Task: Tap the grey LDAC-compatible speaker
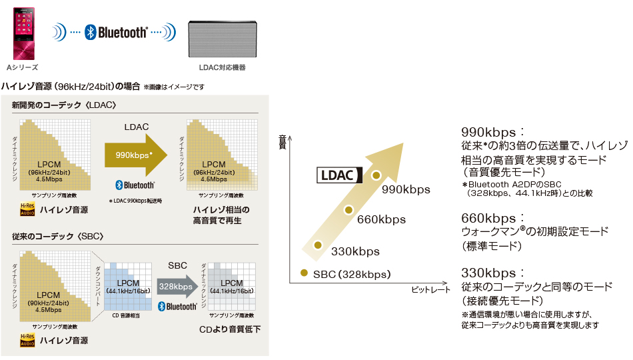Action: coord(222,39)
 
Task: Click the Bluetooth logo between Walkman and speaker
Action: coord(117,31)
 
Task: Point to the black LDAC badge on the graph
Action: coord(338,175)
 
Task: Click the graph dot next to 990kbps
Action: coord(376,175)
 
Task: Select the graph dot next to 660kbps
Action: coord(348,210)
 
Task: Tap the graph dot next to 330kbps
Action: coord(318,244)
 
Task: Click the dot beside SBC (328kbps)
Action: coord(304,273)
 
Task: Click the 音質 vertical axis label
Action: coord(282,141)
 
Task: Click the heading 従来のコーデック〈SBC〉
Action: coord(57,237)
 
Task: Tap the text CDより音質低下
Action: coord(230,329)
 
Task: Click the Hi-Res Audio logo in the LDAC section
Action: coord(27,211)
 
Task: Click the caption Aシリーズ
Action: coord(22,68)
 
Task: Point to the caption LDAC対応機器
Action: coord(222,68)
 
